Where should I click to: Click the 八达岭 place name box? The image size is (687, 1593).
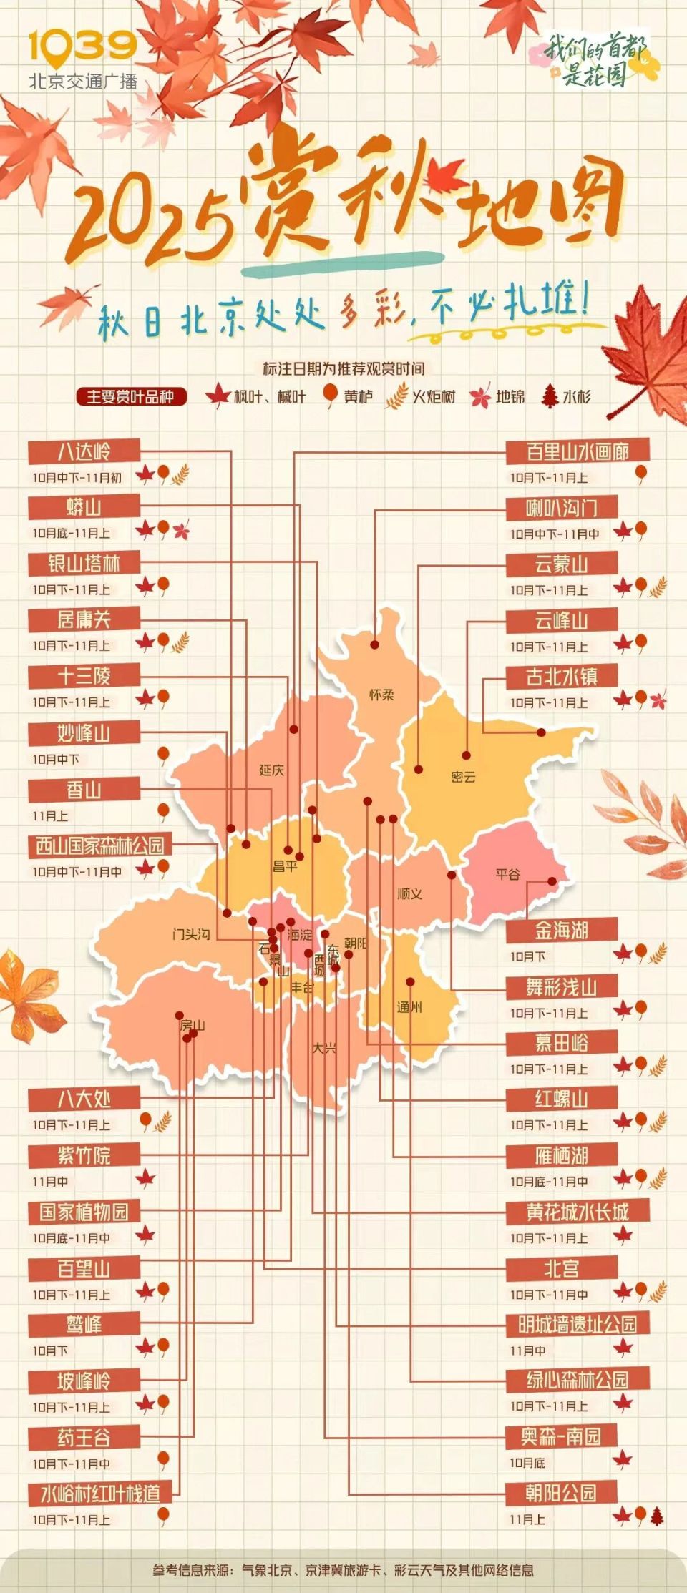coord(84,452)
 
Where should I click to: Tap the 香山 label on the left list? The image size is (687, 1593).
coord(84,790)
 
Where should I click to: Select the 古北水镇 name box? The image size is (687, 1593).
coord(562,677)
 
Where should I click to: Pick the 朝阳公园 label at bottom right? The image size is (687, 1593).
coord(561,1494)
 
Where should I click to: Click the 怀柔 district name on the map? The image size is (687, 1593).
coord(381,695)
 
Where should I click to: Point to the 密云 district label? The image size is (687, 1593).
coord(464,777)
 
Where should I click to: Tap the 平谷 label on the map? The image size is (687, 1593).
coord(508,874)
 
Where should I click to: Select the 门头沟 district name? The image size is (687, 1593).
coord(191,934)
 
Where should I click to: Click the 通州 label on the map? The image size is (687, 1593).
coord(409,1007)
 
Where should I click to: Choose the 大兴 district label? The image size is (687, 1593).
coord(324,1048)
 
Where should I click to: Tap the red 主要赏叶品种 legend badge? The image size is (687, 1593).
coord(131,396)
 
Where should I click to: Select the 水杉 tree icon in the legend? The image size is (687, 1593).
coord(550,396)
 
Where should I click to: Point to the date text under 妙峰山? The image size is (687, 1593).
coord(56,759)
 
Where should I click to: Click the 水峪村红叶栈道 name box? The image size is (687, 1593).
coord(100,1494)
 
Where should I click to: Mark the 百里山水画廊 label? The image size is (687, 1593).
coord(578,452)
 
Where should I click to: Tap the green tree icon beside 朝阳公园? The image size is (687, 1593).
coord(657,1515)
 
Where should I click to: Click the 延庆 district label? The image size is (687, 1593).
coord(272,770)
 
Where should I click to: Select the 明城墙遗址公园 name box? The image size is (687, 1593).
coord(578,1325)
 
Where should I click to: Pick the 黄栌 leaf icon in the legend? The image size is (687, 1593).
coord(331,395)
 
